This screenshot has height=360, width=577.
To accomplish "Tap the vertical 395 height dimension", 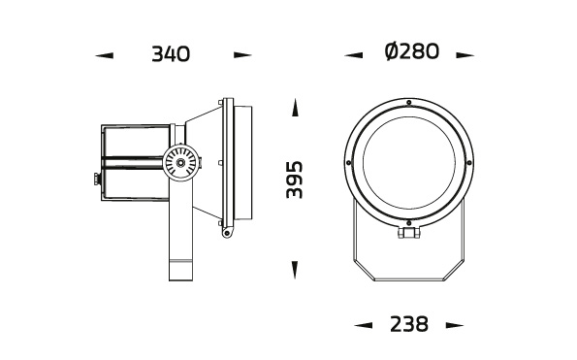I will coord(295,180).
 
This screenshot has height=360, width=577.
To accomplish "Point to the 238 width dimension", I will coord(408,324).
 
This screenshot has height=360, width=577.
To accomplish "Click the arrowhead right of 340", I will coord(241,55).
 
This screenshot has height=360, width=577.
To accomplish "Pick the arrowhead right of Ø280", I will coord(465,55).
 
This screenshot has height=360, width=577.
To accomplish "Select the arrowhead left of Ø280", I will coord(354,55).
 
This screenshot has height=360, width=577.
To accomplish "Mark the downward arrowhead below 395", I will coord(296,265).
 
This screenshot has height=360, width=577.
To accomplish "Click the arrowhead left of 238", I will coord(364,325).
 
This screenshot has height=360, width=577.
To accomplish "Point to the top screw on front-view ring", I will coord(410,102).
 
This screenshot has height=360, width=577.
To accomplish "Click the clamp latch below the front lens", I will coord(410,232).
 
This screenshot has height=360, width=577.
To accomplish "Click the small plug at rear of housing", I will coord(96,178).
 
